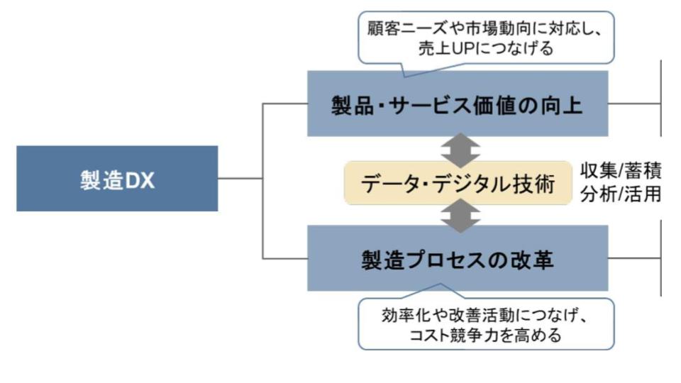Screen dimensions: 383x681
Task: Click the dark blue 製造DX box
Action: coord(117,179)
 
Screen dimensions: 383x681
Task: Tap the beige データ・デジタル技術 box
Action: coord(458,183)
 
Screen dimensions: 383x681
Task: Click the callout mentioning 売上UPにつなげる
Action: coord(486,38)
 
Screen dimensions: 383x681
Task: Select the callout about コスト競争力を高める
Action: coord(486,324)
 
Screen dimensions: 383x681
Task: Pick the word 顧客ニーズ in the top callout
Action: coord(405,28)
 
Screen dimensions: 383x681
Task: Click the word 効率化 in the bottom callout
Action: coord(400,314)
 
